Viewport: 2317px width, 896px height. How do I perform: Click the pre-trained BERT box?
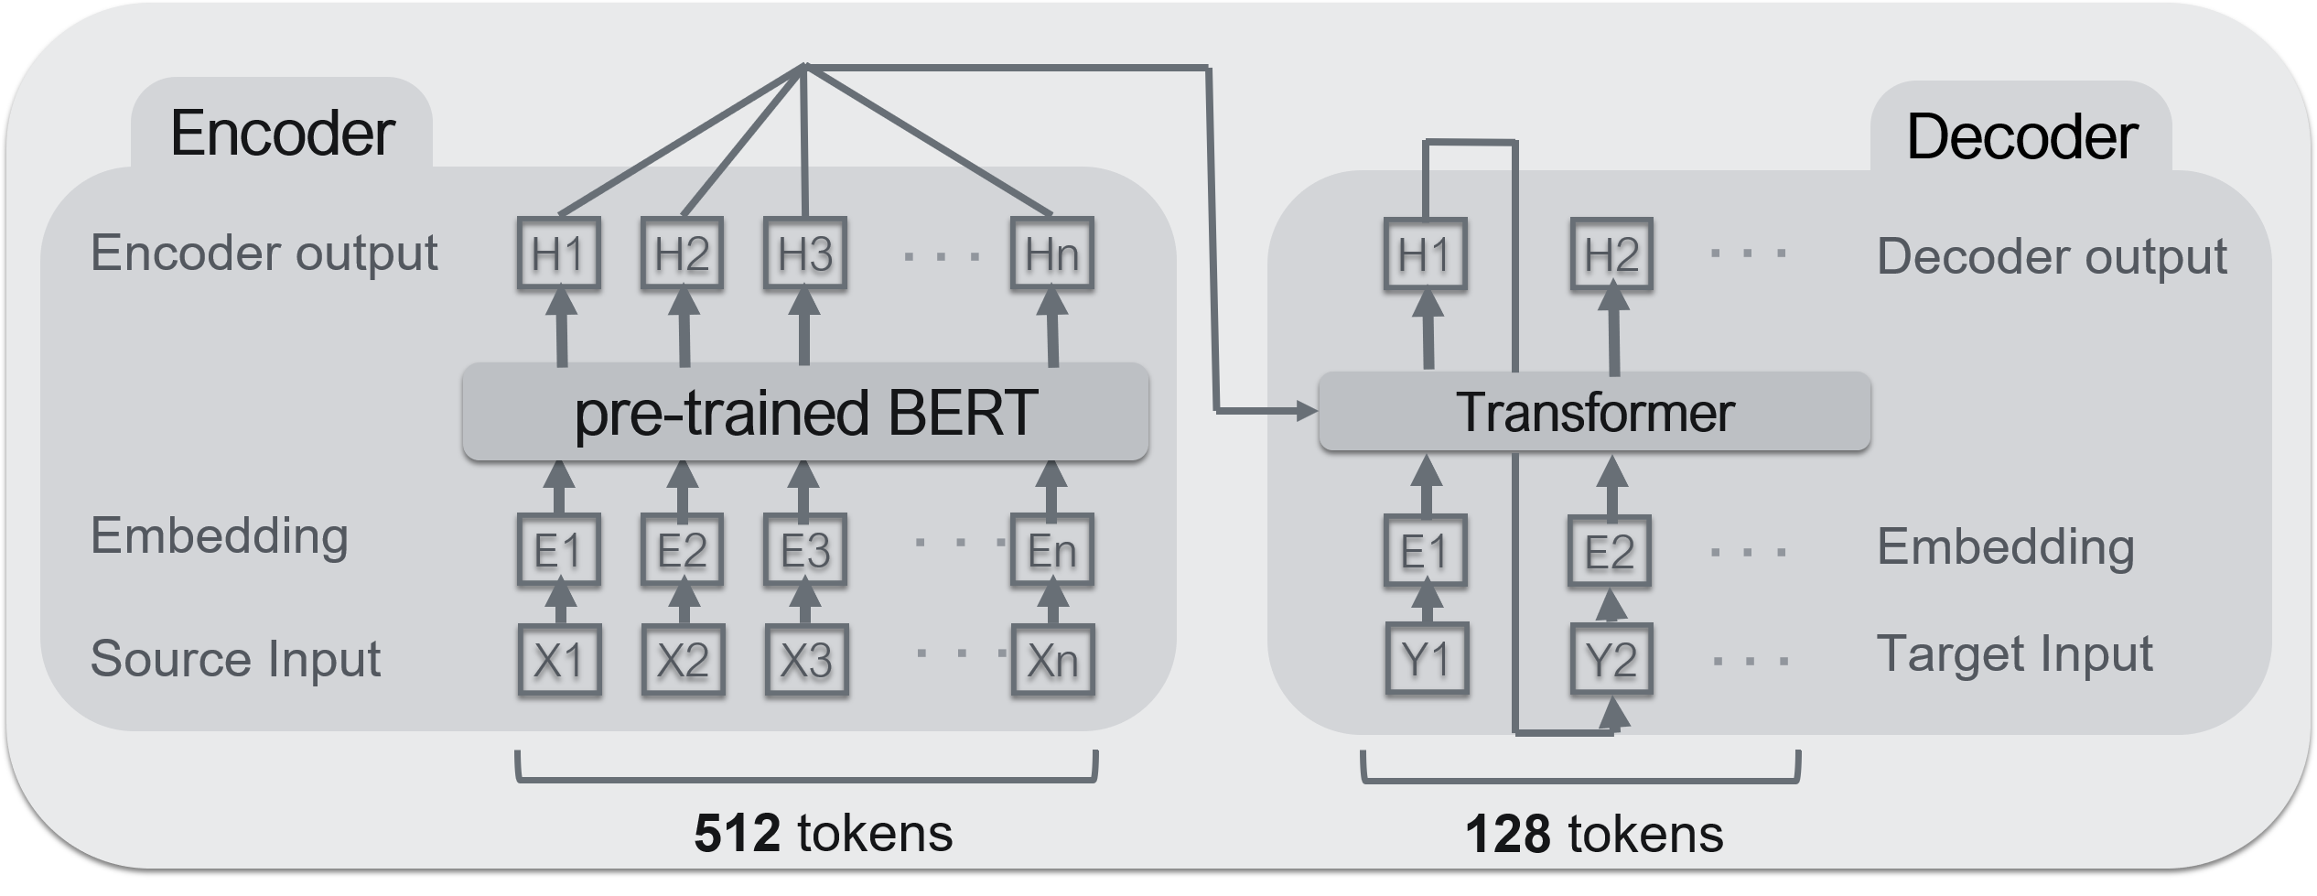[x=805, y=412]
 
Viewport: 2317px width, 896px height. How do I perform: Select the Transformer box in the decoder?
[x=1594, y=412]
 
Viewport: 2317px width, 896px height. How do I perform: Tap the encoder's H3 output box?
[x=805, y=254]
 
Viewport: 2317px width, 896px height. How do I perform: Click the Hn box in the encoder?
[x=1052, y=254]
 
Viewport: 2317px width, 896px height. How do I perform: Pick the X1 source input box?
[x=559, y=660]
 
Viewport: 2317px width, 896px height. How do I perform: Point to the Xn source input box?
[x=1052, y=660]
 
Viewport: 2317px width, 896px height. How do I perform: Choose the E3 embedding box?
[x=805, y=550]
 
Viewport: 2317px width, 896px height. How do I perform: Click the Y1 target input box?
[x=1427, y=658]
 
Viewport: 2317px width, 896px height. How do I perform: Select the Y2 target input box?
[x=1611, y=658]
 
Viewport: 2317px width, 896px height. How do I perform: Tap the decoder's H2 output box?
[x=1611, y=255]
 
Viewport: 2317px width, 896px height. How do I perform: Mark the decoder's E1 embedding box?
[x=1426, y=551]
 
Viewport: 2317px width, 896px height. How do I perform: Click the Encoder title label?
[x=282, y=134]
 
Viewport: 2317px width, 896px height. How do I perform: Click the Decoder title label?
[x=2021, y=138]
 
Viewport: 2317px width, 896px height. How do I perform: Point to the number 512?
[x=737, y=834]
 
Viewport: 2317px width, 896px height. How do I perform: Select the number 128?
[x=1507, y=834]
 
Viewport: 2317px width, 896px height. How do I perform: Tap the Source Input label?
[x=235, y=658]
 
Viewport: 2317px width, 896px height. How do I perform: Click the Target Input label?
[x=2014, y=654]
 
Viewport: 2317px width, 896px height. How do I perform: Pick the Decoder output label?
[x=2051, y=256]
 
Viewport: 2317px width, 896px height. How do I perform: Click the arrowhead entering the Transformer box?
[x=1309, y=411]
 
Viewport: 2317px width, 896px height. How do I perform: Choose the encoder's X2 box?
[x=683, y=660]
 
